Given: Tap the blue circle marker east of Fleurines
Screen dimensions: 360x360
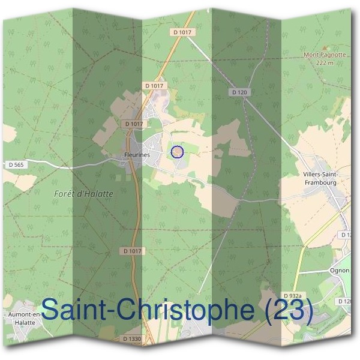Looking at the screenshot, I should click(x=177, y=152).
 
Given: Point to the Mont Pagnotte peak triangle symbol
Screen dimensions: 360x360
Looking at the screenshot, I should click(x=325, y=47).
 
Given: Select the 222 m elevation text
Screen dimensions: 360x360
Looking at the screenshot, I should click(x=325, y=62).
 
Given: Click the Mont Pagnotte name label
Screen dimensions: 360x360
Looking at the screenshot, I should click(x=325, y=55).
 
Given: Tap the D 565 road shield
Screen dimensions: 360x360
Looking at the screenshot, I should click(x=16, y=164).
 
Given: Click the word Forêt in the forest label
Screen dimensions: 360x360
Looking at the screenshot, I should click(x=67, y=194).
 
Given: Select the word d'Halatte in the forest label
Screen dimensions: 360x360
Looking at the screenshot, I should click(x=96, y=194).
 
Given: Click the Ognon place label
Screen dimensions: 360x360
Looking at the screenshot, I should click(x=339, y=270).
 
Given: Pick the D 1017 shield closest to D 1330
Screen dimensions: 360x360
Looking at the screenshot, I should click(x=134, y=251).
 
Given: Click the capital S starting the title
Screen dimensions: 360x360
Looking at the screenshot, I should click(x=52, y=311).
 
